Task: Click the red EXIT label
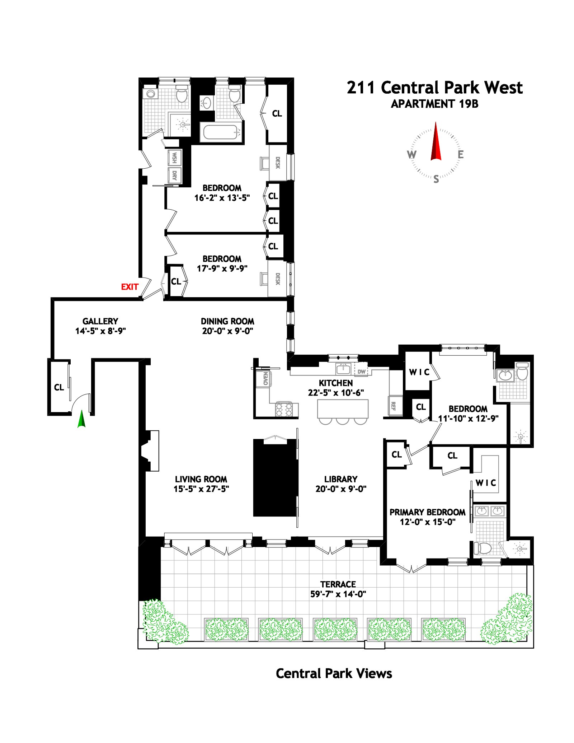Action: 130,287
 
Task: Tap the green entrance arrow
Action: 82,419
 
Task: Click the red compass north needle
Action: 436,141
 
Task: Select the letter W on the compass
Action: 411,155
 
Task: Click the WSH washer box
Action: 174,158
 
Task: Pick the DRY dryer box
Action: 174,176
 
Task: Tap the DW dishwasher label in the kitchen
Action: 362,371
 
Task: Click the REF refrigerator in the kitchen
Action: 394,406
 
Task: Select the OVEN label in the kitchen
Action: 265,378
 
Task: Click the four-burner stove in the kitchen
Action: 284,410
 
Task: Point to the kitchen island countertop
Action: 343,408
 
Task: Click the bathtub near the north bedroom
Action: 221,132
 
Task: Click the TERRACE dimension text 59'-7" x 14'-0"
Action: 338,594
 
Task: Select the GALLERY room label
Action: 100,321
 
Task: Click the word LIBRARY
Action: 340,479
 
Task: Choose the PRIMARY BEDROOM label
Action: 427,512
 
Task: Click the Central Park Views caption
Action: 334,674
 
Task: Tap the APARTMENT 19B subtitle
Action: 434,104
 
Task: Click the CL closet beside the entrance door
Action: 59,387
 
